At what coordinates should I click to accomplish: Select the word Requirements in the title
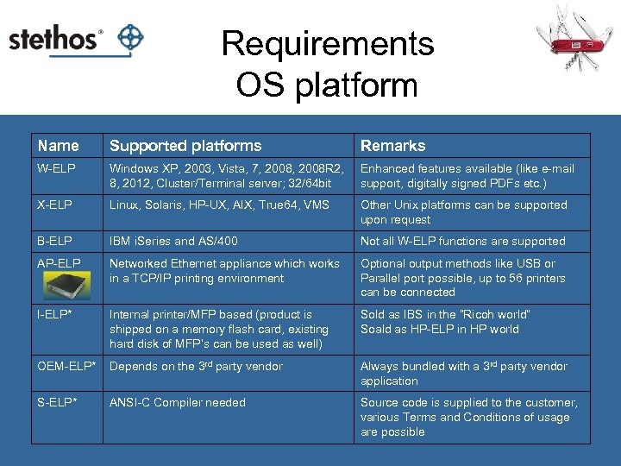point(327,43)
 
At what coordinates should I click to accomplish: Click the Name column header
point(59,146)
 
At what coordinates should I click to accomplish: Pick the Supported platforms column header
point(185,146)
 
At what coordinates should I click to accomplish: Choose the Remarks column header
point(392,146)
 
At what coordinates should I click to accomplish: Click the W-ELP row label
point(57,169)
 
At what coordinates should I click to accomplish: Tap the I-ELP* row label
point(54,315)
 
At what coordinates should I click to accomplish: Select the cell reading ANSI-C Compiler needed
point(178,403)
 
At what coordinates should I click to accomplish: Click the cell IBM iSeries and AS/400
point(173,242)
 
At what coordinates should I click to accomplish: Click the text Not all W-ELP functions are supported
point(462,242)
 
